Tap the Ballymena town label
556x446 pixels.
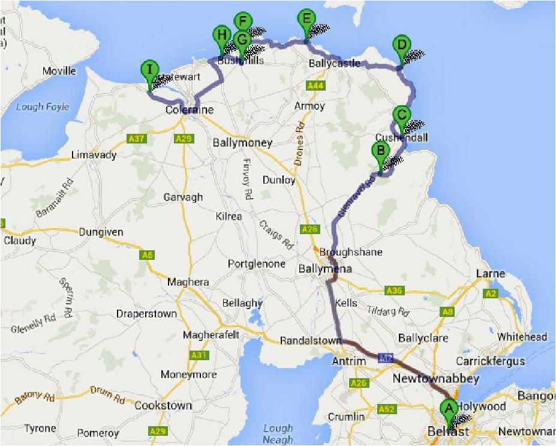tap(324, 269)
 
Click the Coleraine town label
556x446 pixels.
tap(189, 110)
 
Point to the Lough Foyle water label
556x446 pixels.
tap(43, 107)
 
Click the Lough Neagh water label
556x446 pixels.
tap(278, 433)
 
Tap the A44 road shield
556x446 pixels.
tap(315, 86)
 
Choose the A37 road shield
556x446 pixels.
tap(137, 139)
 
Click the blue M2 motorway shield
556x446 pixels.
tap(386, 358)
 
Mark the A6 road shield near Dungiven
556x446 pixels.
tap(147, 255)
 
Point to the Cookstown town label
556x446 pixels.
tap(164, 405)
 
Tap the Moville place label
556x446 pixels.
tap(59, 71)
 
